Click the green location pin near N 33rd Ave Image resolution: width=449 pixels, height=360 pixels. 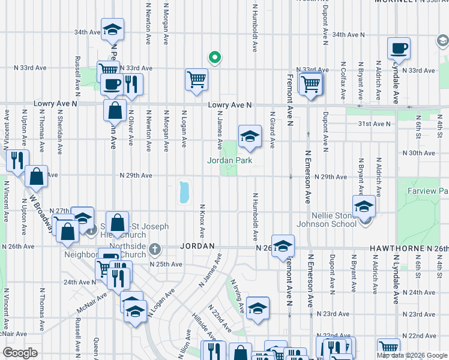214,58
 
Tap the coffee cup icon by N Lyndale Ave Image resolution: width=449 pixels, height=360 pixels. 398,49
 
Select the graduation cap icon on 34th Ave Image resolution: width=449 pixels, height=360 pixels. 112,30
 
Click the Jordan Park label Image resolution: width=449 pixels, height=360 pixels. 229,160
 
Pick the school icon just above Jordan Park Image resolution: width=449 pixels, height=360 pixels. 250,137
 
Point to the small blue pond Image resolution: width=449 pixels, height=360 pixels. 184,193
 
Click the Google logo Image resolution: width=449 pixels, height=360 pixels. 20,352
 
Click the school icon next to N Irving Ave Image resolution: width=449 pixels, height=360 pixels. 258,309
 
